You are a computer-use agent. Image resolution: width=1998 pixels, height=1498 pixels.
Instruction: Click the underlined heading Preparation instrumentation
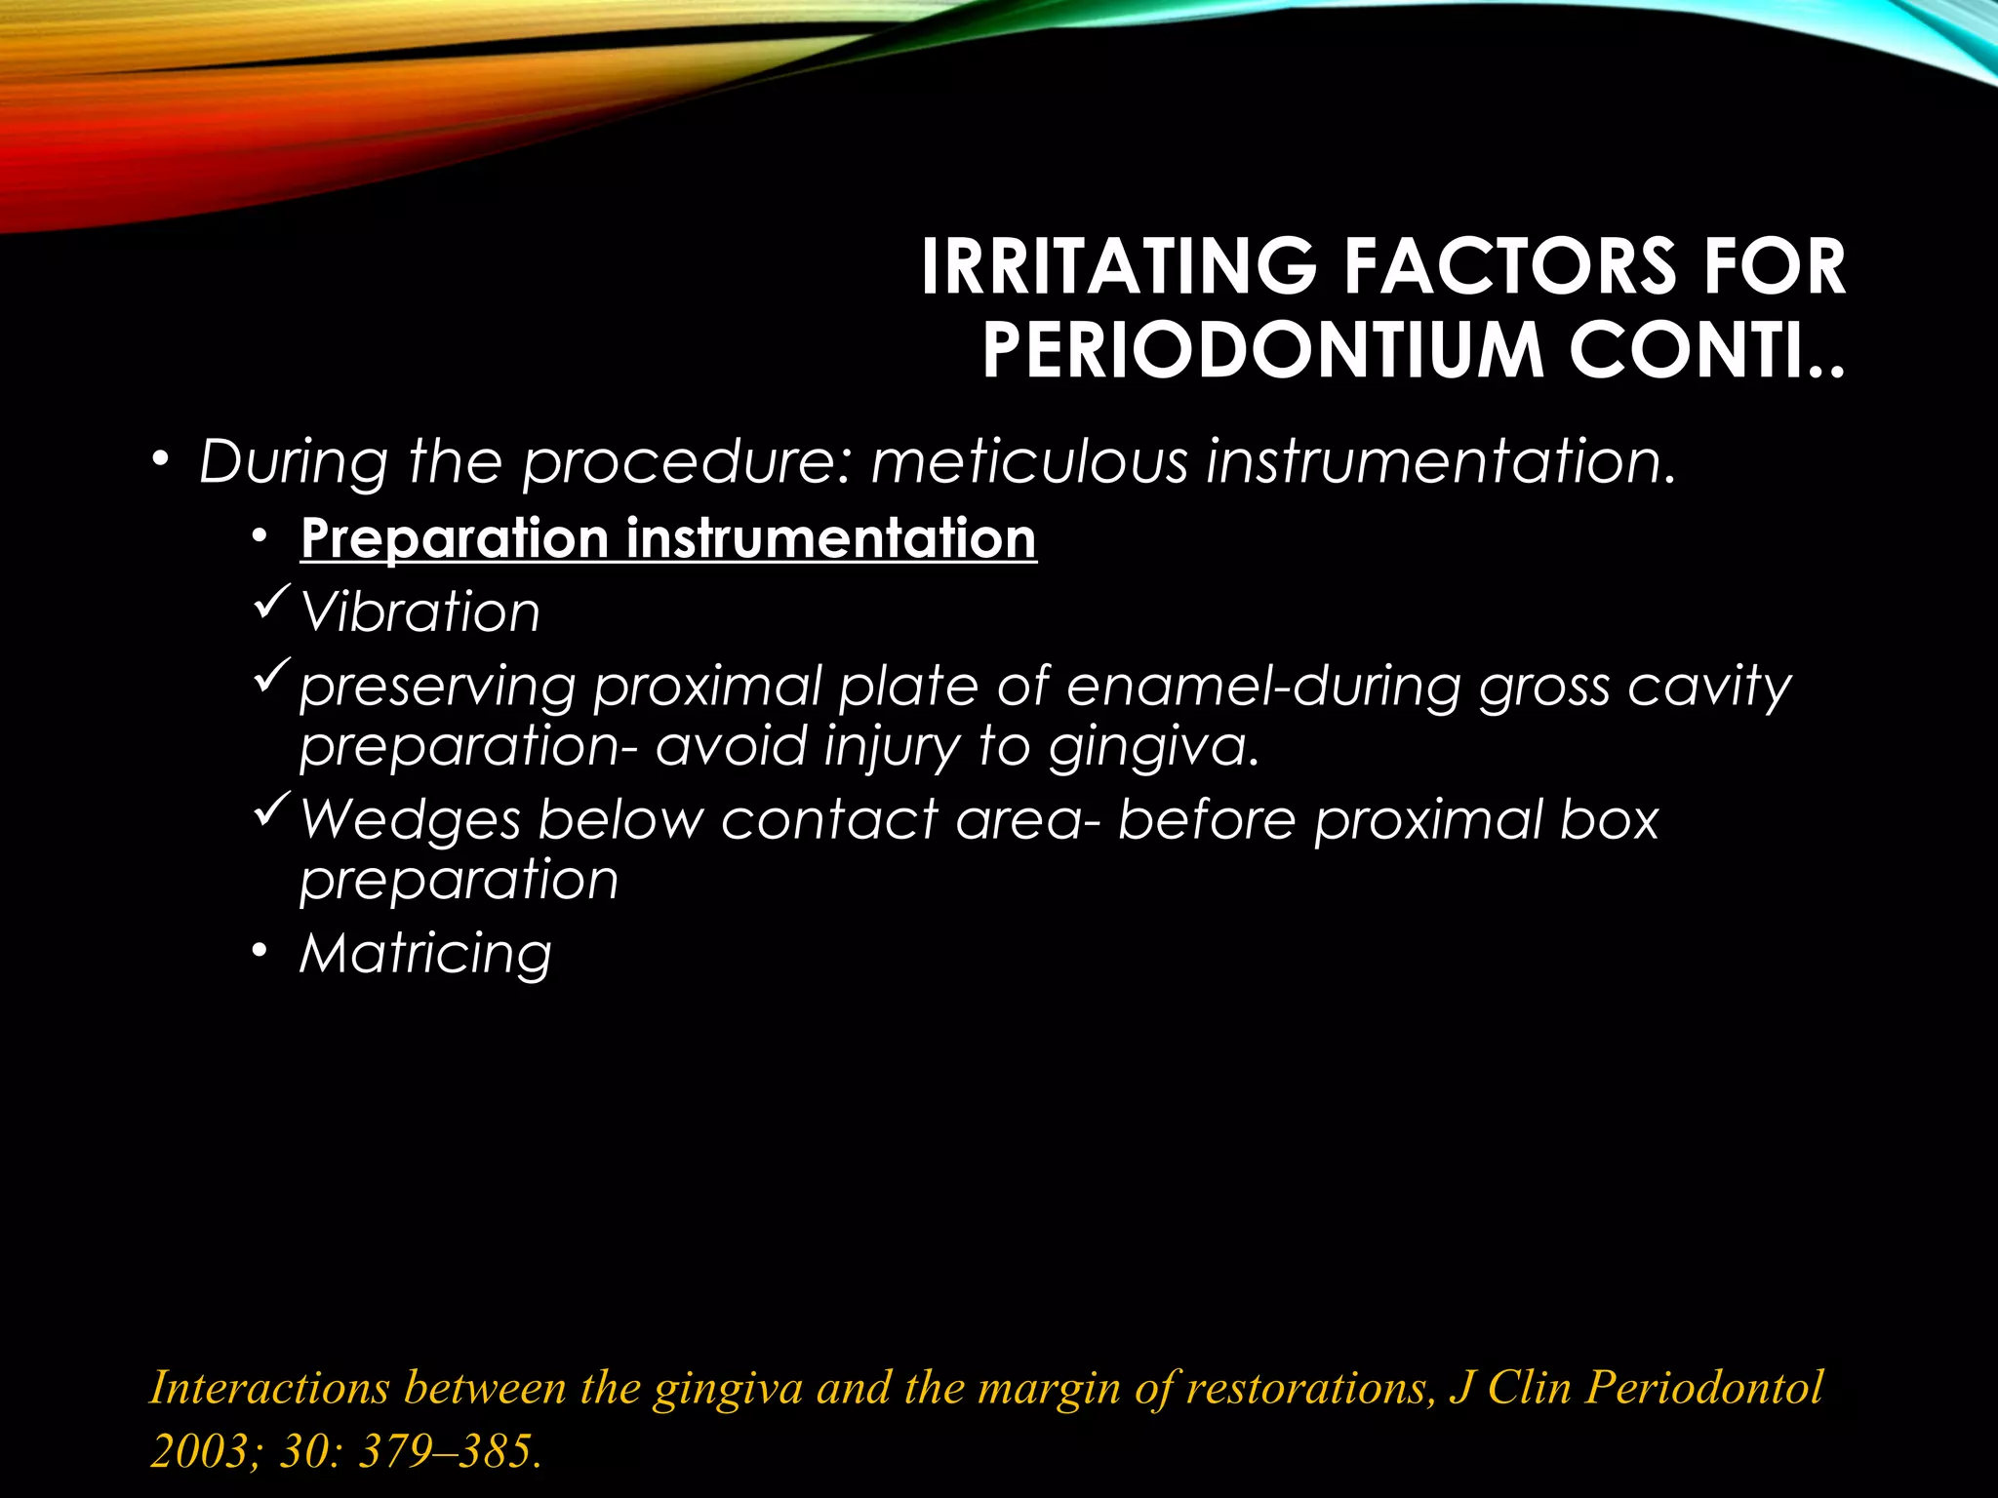[x=668, y=538]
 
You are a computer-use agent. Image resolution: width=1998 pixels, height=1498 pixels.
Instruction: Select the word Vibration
[x=420, y=612]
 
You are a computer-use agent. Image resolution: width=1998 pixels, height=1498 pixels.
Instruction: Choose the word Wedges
[x=411, y=819]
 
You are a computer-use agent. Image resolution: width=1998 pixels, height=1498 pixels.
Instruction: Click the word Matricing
[x=425, y=953]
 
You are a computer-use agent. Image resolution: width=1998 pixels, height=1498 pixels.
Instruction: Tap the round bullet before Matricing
[x=258, y=953]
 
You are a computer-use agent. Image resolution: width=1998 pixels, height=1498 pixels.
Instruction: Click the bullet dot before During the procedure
[x=160, y=460]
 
